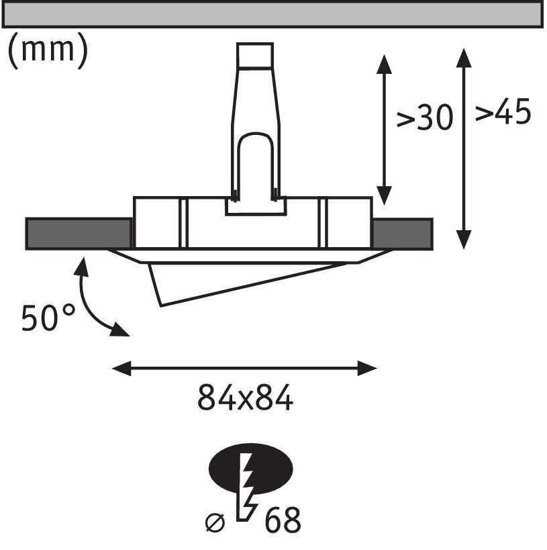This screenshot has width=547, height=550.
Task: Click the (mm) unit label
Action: pyautogui.click(x=47, y=52)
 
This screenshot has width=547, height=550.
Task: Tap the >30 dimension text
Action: pyautogui.click(x=424, y=119)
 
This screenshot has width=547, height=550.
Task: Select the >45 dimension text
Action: pyautogui.click(x=503, y=112)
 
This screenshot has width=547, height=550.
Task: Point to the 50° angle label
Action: pyautogui.click(x=49, y=318)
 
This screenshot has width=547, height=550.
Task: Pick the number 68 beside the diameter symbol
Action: pyautogui.click(x=283, y=520)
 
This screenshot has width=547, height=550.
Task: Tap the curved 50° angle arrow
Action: pyautogui.click(x=91, y=302)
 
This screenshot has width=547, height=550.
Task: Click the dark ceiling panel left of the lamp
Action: pyautogui.click(x=78, y=234)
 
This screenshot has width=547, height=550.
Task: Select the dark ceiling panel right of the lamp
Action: pyautogui.click(x=402, y=234)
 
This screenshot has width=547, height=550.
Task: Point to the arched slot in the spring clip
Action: pyautogui.click(x=256, y=161)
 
